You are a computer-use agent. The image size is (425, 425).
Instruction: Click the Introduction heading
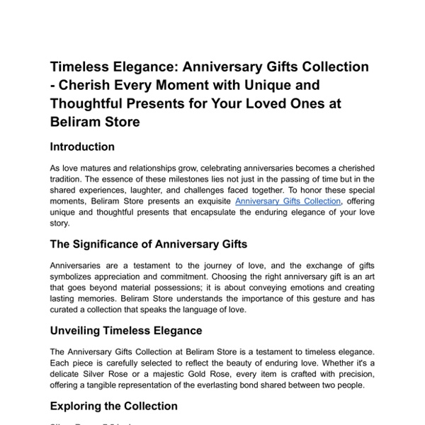82,147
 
